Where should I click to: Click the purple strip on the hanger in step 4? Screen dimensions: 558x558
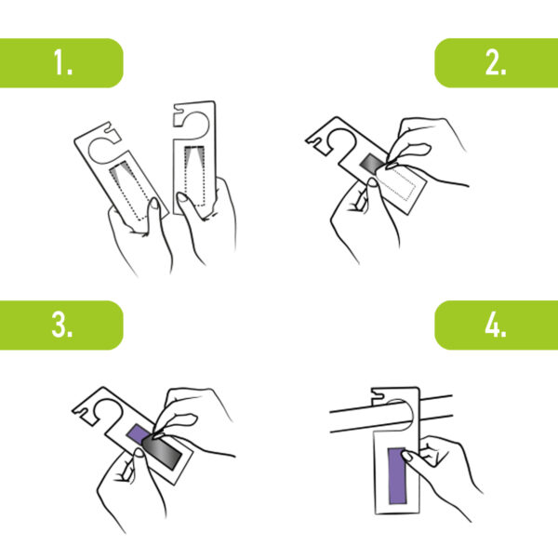(396, 476)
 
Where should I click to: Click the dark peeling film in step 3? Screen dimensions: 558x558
(162, 450)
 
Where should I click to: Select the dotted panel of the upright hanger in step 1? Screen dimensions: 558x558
(194, 176)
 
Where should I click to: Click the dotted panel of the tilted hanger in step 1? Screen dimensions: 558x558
(130, 191)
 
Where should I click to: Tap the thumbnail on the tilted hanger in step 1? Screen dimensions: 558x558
(154, 204)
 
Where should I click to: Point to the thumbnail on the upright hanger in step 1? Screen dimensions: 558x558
(182, 197)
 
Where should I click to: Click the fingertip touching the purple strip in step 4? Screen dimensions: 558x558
(406, 455)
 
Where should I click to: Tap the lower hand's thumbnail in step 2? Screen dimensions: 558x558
(373, 183)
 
